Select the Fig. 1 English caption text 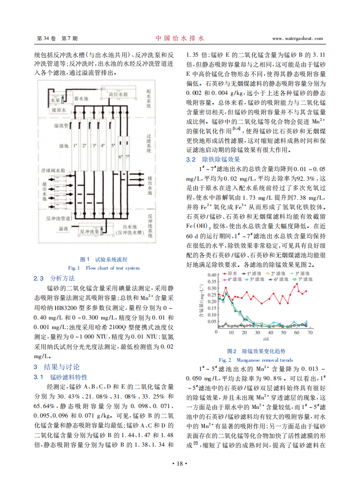104,268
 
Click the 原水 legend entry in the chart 231,274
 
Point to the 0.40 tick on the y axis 211,275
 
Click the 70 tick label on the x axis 310,333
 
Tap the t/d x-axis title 265,339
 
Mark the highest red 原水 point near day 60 297,285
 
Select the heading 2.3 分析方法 54,278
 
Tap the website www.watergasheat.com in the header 298,39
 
